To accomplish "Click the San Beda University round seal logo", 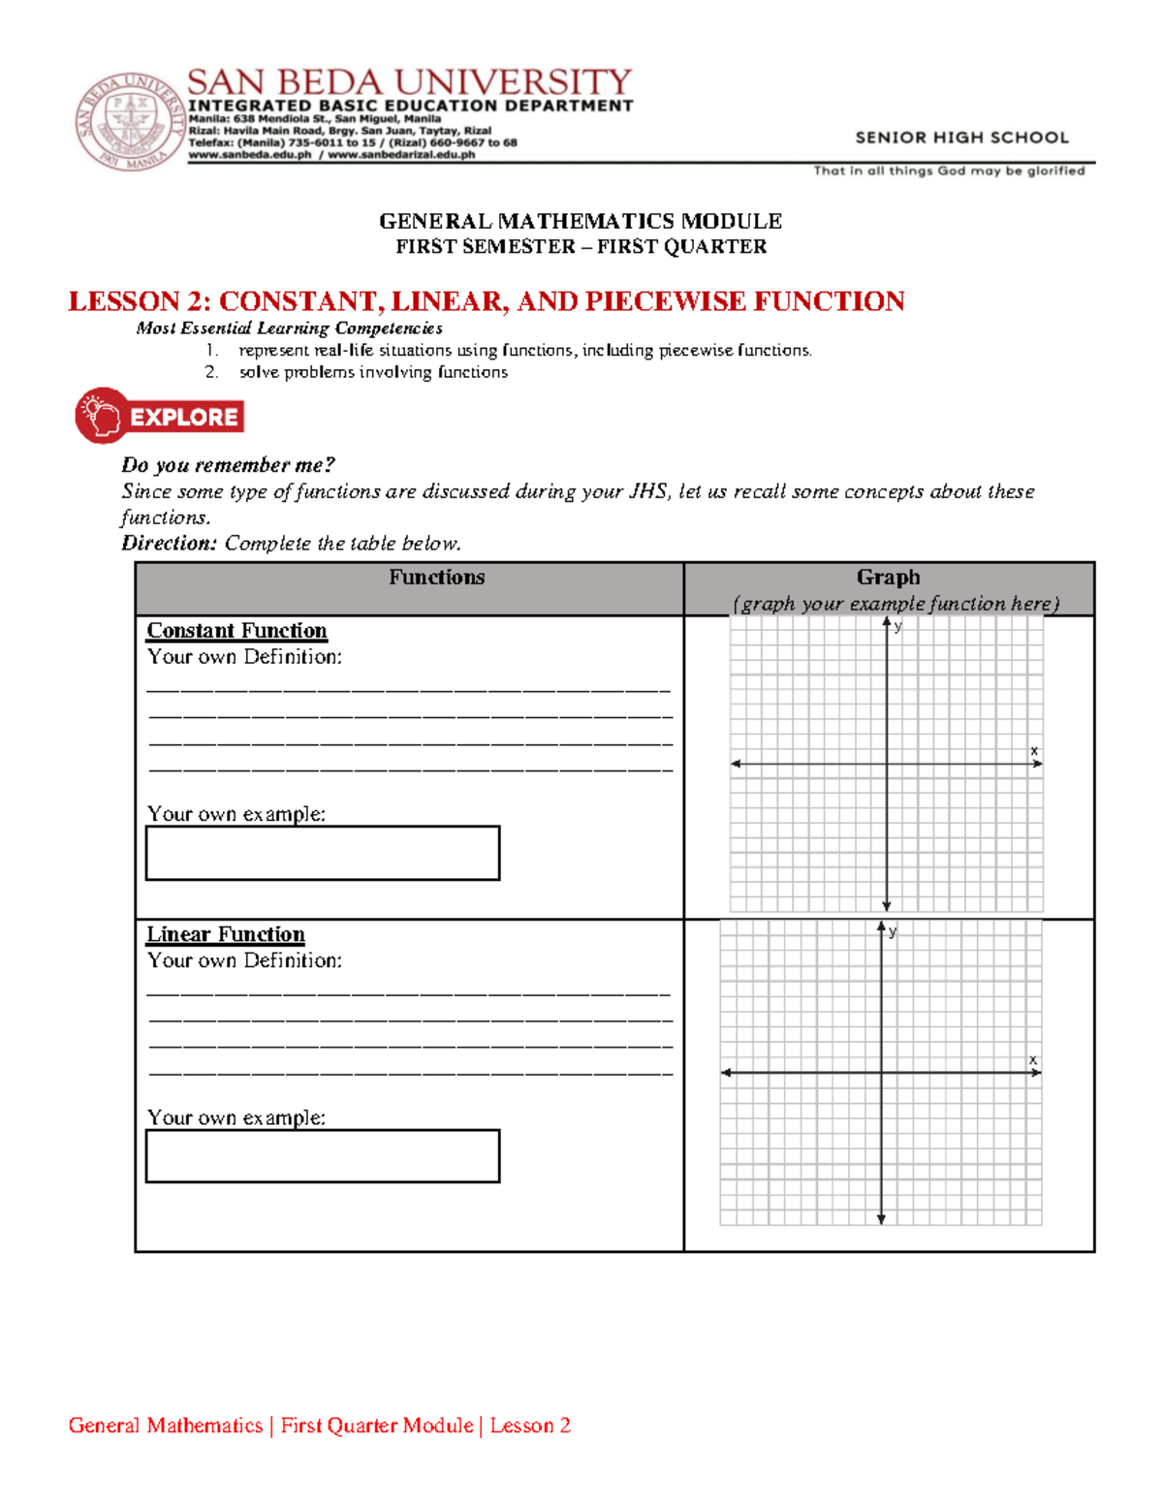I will coord(129,121).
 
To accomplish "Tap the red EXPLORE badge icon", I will coord(160,417).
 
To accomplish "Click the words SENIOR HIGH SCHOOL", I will coord(961,138).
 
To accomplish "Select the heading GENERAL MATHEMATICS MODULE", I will coord(580,221).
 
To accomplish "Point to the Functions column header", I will coord(436,578).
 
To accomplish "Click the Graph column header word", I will coord(888,578).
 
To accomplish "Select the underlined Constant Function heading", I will coord(236,631).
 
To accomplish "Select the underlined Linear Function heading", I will coord(226,934).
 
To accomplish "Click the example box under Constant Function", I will coord(323,853).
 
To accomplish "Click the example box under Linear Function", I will coord(323,1155).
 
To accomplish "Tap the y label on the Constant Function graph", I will coord(898,627).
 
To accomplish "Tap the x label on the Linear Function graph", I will coord(1033,1059).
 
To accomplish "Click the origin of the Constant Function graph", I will coord(887,764).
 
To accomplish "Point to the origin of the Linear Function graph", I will coord(881,1072).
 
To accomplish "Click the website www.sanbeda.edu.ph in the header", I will coord(249,154).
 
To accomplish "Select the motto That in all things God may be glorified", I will coord(949,171).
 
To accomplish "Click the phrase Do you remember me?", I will coord(228,465).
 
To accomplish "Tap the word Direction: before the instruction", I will coord(169,544).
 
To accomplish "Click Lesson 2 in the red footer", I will coord(530,1426).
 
